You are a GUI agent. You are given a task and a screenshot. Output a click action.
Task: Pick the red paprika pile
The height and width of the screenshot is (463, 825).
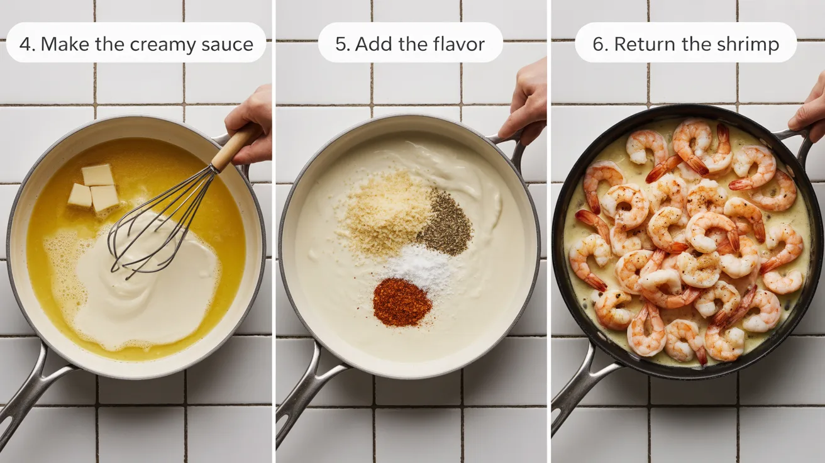click(x=402, y=301)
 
